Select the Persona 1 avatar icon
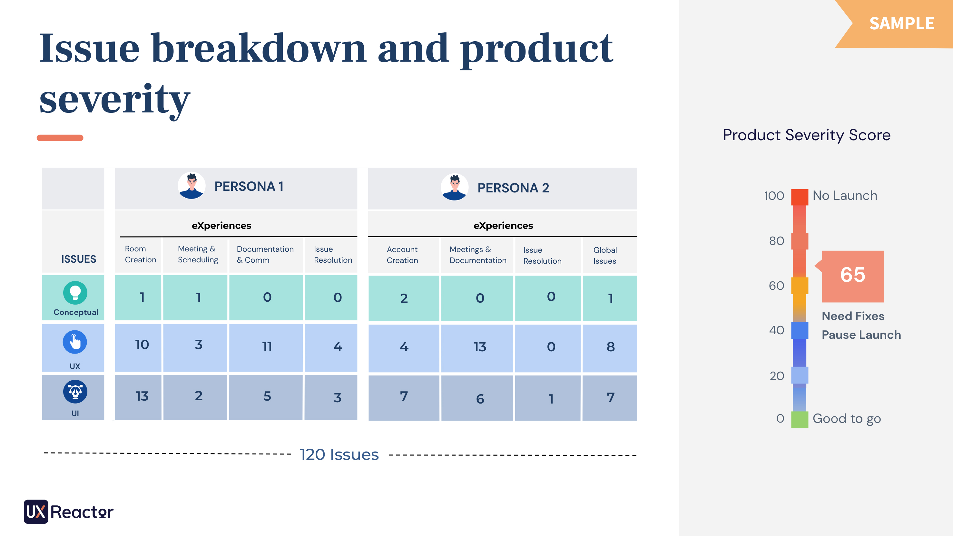pos(191,186)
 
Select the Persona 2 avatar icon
pos(454,187)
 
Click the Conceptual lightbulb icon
pos(75,293)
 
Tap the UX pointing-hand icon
pos(75,342)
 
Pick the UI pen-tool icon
pos(75,392)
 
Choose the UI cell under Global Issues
pos(610,398)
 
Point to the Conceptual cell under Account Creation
pos(404,298)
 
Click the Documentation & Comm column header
pos(265,255)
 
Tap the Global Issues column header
pos(605,255)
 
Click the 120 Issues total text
pos(339,455)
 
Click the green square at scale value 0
pos(800,419)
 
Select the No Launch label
pos(845,195)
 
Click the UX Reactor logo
pos(69,512)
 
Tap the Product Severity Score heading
pos(807,135)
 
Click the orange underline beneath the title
pos(60,138)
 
